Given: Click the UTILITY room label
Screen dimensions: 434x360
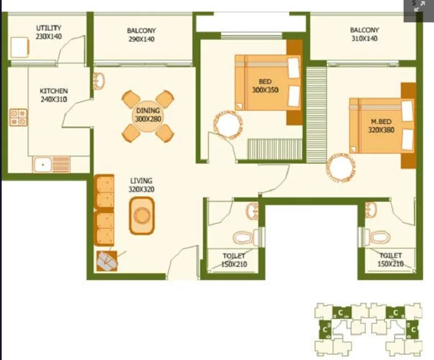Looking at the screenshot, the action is (x=49, y=28).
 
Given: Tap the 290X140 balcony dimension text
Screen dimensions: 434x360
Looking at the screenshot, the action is (x=142, y=39).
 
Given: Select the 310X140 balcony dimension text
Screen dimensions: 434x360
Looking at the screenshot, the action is (x=365, y=38).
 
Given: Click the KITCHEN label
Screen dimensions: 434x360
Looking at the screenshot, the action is (x=54, y=91).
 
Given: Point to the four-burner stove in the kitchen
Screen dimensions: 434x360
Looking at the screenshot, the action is (x=18, y=117).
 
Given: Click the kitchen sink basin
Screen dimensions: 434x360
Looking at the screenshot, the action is (x=42, y=165).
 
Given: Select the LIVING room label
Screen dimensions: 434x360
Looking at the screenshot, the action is (x=141, y=181).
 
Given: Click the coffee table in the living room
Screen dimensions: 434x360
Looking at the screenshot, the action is (x=142, y=216).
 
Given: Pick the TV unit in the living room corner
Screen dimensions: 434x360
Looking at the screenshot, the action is (x=107, y=261).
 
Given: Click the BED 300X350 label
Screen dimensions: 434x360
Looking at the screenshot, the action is (x=265, y=86).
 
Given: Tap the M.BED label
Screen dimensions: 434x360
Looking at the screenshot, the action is (x=381, y=121).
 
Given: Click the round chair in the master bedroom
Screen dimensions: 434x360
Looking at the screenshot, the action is (x=341, y=168).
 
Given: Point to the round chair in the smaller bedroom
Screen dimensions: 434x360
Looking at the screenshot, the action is (x=228, y=125).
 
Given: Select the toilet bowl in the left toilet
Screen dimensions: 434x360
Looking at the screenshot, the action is (x=243, y=237).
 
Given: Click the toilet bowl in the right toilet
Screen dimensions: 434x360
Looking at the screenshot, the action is (x=380, y=237).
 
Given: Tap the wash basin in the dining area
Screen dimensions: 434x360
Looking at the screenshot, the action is (x=99, y=81).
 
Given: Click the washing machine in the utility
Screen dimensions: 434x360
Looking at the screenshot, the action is (x=20, y=47).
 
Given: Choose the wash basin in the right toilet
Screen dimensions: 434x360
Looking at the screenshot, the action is (x=371, y=209).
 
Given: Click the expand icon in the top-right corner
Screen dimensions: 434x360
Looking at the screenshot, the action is (x=419, y=6).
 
